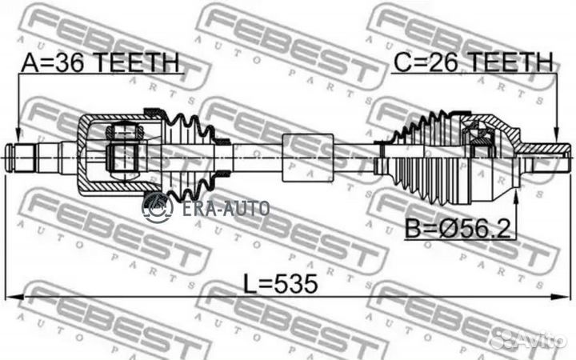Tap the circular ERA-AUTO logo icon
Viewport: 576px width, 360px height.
pos(158,208)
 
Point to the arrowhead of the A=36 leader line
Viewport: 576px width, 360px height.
pos(17,137)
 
